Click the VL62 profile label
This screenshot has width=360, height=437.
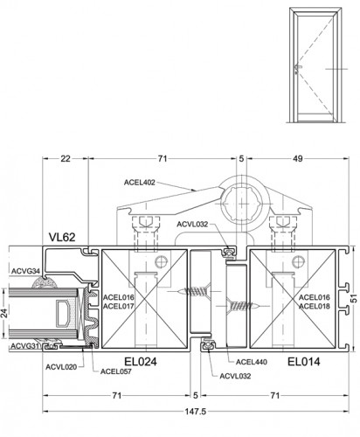[62, 237]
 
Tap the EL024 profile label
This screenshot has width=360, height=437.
[141, 362]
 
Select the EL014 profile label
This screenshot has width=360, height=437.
[304, 362]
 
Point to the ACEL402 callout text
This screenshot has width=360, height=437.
[140, 183]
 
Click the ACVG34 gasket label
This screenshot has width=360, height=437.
[25, 271]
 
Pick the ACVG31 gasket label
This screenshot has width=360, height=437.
[24, 346]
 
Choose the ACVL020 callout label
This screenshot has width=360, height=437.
[61, 367]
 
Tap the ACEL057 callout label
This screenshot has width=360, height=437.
[116, 371]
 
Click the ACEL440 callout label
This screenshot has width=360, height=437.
[252, 362]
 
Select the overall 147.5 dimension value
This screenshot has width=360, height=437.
[196, 412]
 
